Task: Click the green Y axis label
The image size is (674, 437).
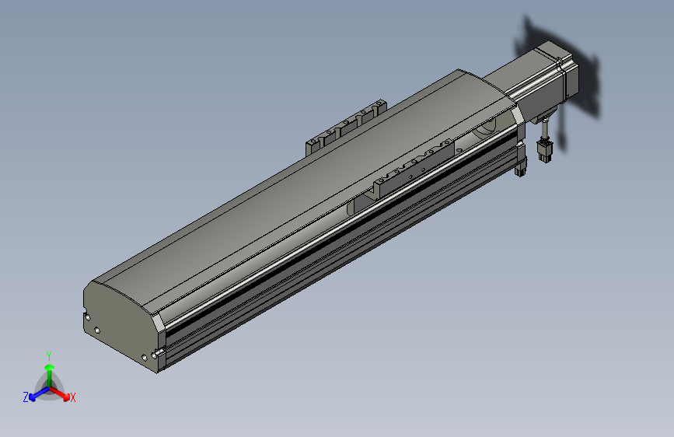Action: click(49, 355)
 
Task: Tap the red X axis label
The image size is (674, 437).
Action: click(72, 398)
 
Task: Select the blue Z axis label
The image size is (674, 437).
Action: click(26, 397)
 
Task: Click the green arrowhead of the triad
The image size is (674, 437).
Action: click(50, 368)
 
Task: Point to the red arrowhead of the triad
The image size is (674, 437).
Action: click(66, 397)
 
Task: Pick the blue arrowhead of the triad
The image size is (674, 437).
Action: click(32, 397)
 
